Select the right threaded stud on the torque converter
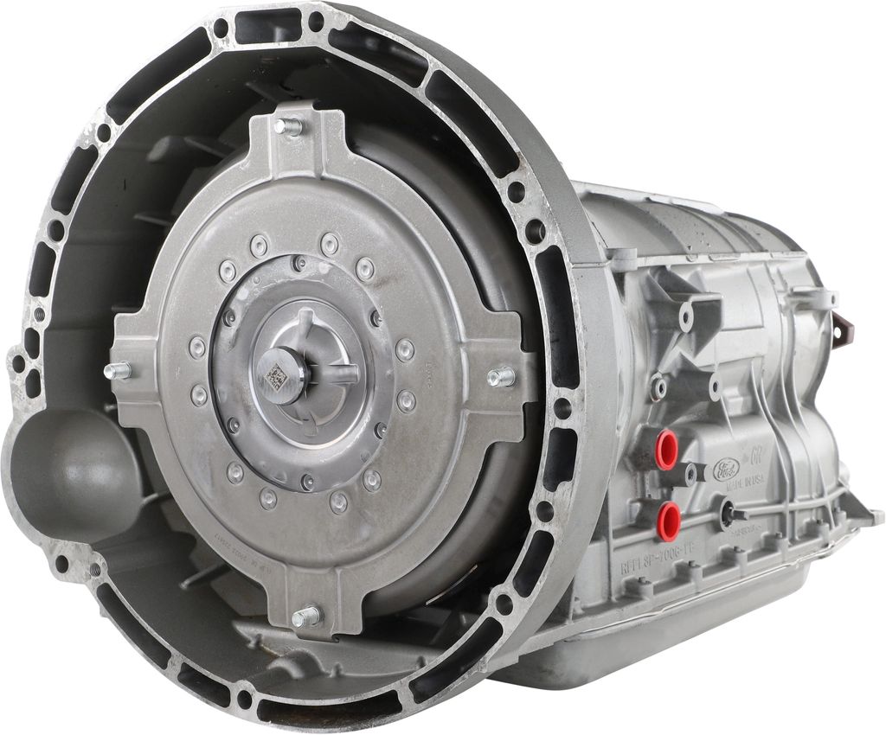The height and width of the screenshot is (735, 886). pyautogui.click(x=501, y=376)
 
